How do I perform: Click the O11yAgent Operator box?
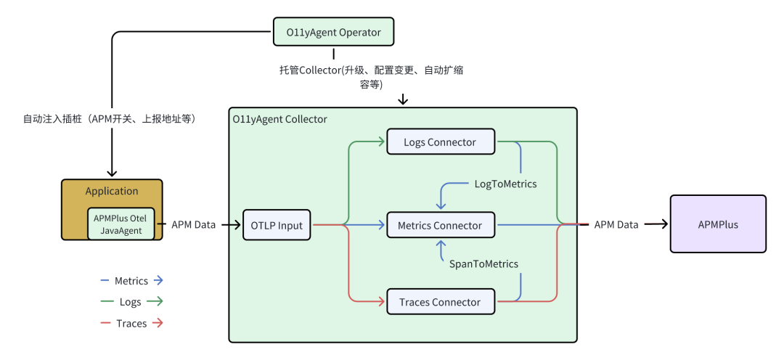point(333,33)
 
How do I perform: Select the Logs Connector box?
point(440,142)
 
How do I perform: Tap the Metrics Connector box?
point(440,226)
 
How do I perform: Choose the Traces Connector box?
point(440,302)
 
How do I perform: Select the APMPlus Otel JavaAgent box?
point(121,224)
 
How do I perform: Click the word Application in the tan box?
point(112,192)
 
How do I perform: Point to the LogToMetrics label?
point(505,184)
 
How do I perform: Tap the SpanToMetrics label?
point(484,264)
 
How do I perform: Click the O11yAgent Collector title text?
point(280,119)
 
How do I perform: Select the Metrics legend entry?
point(131,281)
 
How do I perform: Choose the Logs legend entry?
point(131,302)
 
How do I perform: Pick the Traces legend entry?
point(131,324)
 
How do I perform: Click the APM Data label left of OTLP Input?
point(194,225)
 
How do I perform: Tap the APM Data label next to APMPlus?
point(616,225)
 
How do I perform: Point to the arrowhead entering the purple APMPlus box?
point(663,224)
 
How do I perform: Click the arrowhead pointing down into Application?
point(112,173)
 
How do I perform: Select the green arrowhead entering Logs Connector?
point(381,142)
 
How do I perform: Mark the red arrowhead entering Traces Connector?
point(381,301)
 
